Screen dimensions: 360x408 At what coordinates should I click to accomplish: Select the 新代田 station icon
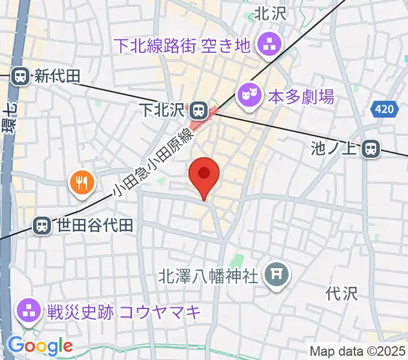20,76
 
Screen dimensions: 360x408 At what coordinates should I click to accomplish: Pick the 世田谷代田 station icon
42,226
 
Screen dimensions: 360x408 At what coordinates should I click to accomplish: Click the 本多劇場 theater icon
248,95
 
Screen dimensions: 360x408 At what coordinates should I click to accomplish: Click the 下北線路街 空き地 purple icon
267,44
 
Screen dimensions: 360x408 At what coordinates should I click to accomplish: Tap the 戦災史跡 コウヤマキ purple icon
28,311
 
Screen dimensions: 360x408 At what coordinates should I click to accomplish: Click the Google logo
40,346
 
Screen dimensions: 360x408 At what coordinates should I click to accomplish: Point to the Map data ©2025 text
357,352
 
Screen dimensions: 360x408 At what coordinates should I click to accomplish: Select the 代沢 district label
341,294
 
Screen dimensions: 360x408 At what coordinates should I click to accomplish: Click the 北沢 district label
271,14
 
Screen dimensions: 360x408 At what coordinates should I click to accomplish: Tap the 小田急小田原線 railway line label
153,164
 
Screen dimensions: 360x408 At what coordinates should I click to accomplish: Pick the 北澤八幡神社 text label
208,276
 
